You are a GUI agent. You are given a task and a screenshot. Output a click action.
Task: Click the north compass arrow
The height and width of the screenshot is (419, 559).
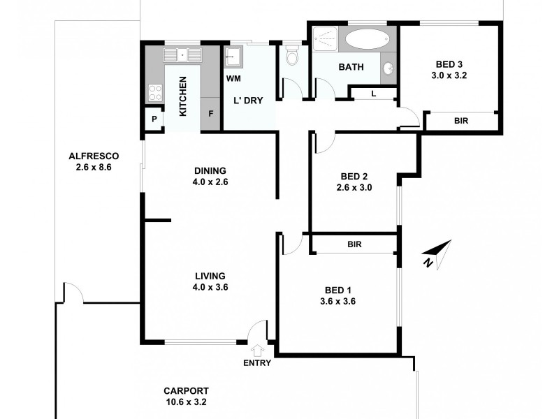tap(439, 252)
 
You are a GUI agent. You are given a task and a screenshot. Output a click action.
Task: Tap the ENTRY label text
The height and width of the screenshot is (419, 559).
tap(257, 363)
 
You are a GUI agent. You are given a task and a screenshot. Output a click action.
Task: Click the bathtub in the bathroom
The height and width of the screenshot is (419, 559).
tap(369, 39)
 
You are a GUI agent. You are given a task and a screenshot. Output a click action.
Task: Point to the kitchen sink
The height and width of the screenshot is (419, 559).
tap(182, 54)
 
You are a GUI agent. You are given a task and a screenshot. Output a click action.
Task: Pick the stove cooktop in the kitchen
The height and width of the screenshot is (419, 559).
tap(155, 92)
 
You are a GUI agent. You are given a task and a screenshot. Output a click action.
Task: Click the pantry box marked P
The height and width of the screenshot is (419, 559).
tap(153, 119)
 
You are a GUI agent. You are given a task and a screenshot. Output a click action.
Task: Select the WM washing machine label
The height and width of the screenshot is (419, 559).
tap(233, 78)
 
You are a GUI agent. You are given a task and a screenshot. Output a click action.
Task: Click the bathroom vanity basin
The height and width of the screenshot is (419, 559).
tap(388, 68)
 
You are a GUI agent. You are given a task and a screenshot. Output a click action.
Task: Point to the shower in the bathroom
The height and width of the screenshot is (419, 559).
tap(324, 38)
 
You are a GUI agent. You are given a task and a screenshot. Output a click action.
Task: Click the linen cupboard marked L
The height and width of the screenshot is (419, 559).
tap(373, 93)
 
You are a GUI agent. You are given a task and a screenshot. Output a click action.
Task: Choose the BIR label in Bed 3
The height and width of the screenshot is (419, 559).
tap(461, 121)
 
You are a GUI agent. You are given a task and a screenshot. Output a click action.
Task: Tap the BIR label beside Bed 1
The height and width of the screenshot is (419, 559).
tap(354, 244)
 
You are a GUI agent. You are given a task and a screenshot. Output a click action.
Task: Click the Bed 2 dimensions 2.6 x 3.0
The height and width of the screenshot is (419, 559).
tap(354, 187)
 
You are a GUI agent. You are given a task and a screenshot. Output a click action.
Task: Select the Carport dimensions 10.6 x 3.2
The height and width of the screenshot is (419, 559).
tap(186, 402)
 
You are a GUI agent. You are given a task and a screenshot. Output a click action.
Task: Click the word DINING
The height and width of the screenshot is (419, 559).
tap(210, 170)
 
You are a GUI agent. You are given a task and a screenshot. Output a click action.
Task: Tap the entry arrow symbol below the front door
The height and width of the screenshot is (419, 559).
tap(256, 351)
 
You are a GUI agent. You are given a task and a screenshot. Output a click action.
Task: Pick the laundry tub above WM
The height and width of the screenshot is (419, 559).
tap(233, 56)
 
